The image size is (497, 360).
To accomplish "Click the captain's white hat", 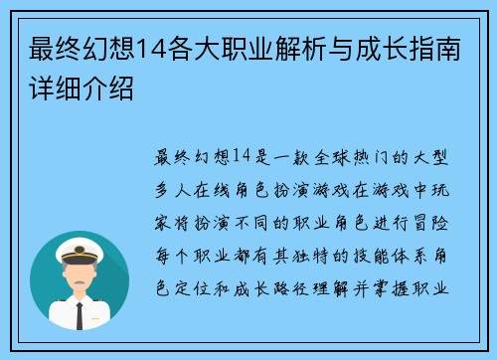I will tap(79, 244).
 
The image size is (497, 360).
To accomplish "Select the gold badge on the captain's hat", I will tap(79, 242).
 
